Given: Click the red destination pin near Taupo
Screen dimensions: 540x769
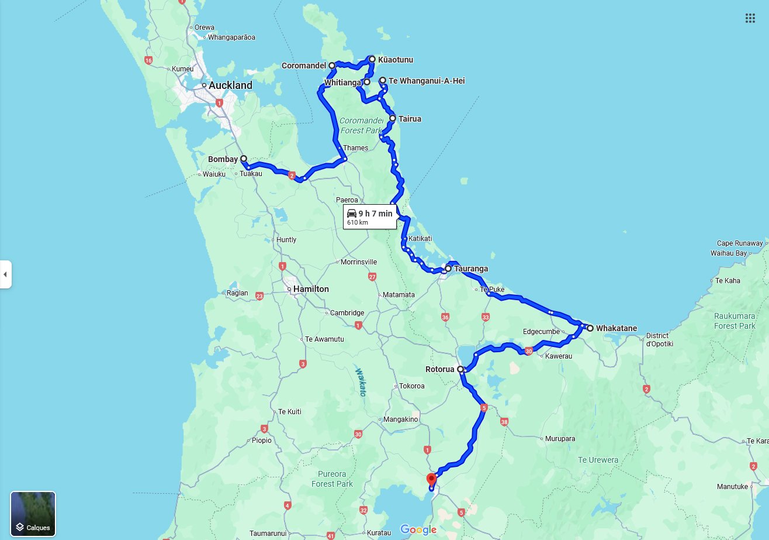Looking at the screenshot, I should [431, 479].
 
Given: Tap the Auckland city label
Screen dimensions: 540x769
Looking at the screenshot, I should [230, 85].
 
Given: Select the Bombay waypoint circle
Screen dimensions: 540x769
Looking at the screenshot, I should [244, 159].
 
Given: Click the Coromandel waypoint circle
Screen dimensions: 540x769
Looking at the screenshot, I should [332, 66].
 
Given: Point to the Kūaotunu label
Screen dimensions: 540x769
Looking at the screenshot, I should [396, 60].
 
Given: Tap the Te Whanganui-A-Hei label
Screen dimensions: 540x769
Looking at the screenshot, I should [427, 81].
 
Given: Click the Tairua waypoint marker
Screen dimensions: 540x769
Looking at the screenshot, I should [393, 119].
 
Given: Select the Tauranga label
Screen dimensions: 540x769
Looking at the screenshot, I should [470, 269].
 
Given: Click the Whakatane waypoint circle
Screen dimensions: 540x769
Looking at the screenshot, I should [590, 328].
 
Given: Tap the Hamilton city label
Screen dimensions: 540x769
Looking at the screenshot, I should [311, 289].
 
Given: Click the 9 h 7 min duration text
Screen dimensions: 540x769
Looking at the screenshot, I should [375, 214].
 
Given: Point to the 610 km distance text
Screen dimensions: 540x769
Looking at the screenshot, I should [358, 223].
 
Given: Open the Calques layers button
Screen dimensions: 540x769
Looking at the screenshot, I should [33, 514].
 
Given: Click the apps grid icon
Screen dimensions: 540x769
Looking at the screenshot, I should [750, 18].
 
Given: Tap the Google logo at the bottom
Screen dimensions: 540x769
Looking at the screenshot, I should [418, 530].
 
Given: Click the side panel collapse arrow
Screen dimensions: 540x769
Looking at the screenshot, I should [5, 274].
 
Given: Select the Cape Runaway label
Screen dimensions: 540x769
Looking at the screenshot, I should [740, 243].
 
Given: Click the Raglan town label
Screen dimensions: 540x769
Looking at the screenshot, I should [237, 293].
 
